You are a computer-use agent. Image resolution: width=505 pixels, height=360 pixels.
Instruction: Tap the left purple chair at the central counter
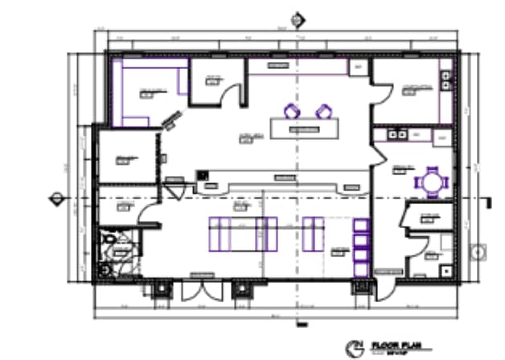pos(290,111)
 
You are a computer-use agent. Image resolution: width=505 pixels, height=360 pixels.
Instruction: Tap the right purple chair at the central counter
pos(323,111)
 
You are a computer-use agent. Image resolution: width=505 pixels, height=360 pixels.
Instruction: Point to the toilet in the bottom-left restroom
pos(105,242)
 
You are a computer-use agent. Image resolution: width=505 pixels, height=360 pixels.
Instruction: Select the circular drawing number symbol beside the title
pos(353,348)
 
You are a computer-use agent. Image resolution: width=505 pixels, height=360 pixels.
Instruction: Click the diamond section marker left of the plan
pos(57,198)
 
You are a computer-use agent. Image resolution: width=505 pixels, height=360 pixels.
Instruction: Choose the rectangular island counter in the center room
pos(304,129)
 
